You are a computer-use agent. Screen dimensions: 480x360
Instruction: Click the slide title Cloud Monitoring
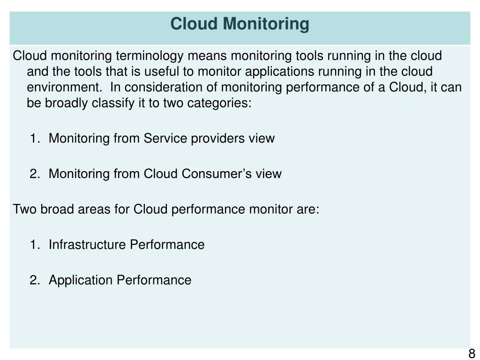tap(240, 23)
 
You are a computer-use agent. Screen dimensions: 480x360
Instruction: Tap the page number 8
tap(472, 353)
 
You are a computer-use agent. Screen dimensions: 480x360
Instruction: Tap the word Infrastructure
tap(88, 245)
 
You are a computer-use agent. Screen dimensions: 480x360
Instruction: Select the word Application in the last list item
tap(81, 280)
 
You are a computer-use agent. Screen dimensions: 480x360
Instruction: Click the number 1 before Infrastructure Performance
tap(34, 245)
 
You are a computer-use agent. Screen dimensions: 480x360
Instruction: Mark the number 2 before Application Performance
tap(34, 280)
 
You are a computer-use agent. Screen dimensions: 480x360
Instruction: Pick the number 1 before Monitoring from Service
tap(34, 139)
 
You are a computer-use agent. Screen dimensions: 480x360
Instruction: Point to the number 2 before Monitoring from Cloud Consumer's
tap(34, 174)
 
